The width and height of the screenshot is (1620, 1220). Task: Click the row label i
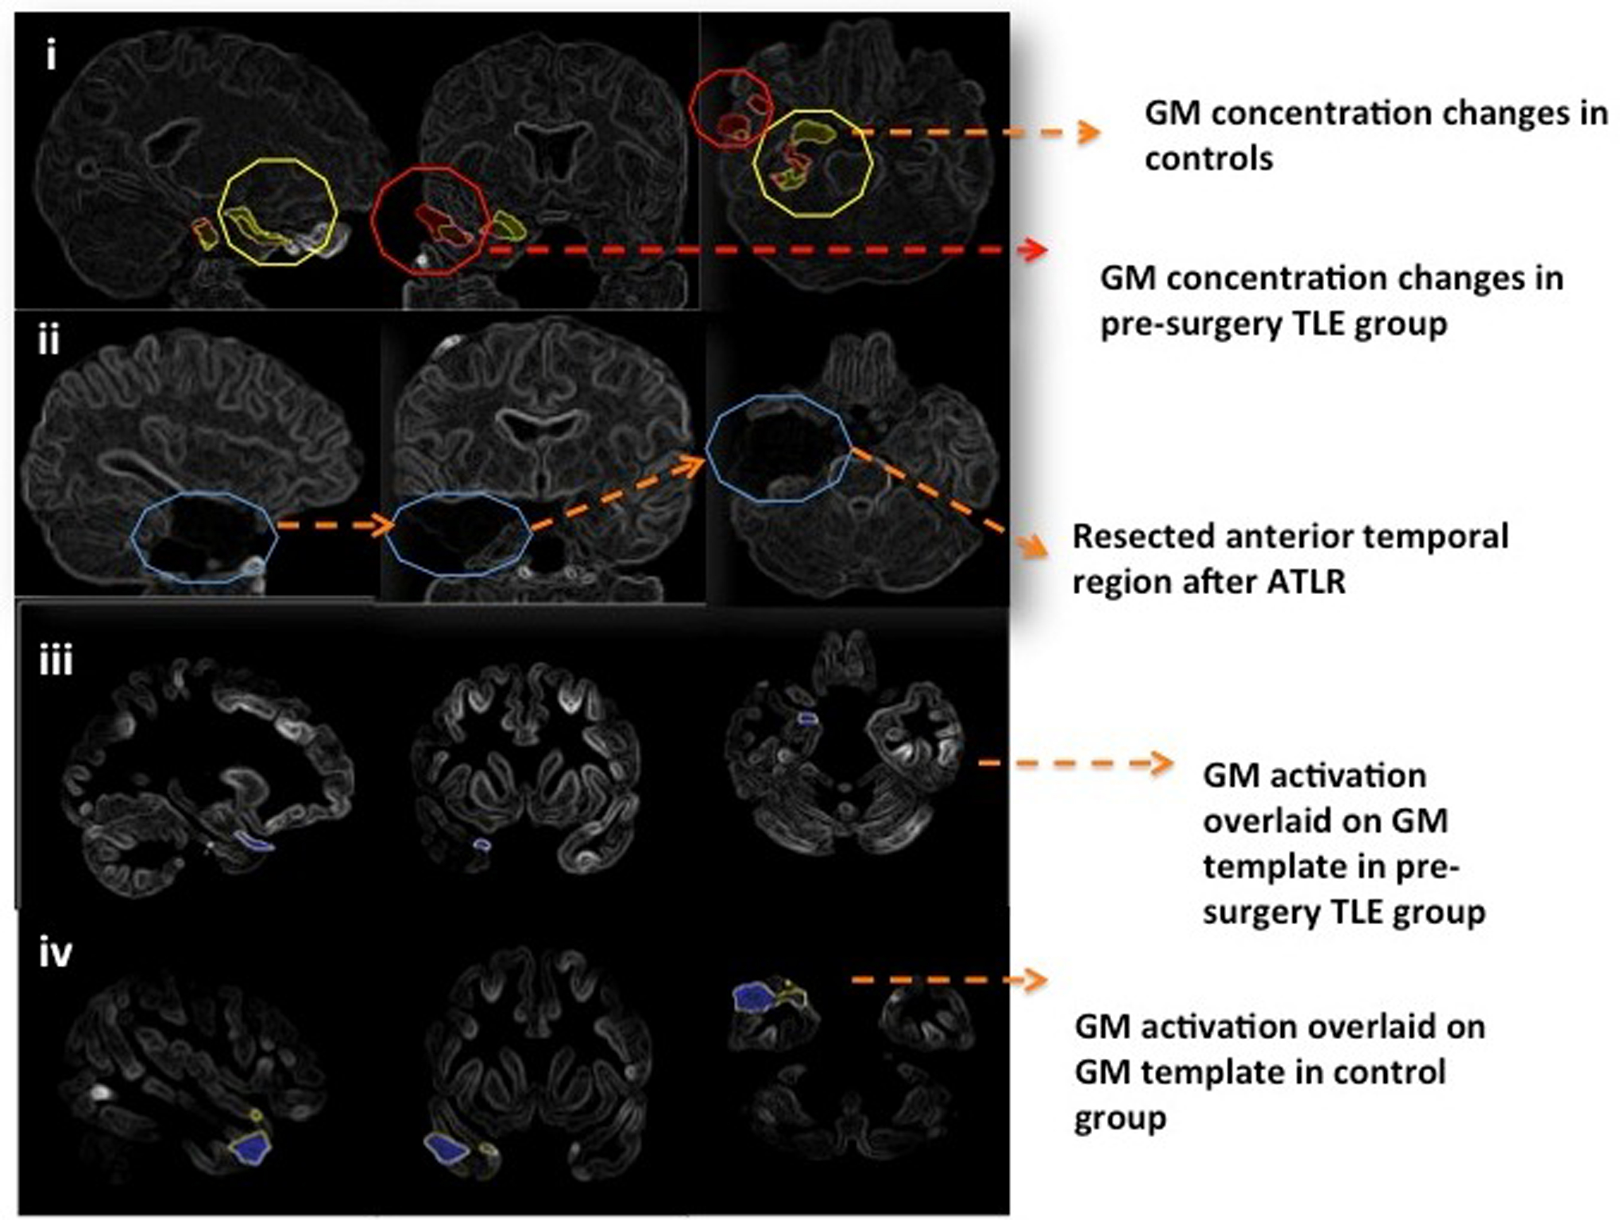pos(51,56)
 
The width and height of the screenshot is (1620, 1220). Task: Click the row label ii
pos(48,341)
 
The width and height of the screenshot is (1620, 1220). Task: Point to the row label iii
pos(56,661)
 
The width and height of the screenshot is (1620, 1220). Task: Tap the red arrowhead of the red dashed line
pos(1035,250)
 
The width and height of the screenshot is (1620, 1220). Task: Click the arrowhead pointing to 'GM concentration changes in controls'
pos(1091,133)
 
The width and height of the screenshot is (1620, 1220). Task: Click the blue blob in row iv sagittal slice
pos(252,1146)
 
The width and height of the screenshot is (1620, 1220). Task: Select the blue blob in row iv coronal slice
pos(447,1148)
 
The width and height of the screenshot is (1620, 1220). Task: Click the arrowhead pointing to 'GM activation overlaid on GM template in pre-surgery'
pos(1162,763)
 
